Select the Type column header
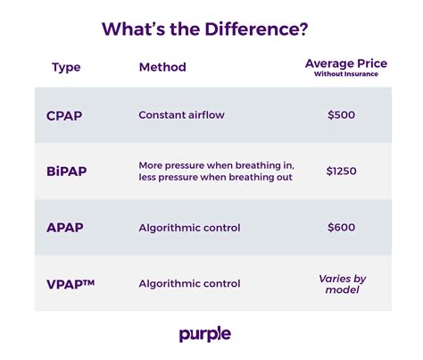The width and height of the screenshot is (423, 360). (x=66, y=67)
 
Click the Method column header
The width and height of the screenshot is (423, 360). (x=162, y=67)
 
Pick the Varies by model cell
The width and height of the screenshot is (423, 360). (x=343, y=284)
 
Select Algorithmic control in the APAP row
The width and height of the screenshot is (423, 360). (x=189, y=227)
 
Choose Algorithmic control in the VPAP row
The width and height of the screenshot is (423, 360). (x=189, y=283)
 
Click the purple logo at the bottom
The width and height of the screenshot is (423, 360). (x=204, y=334)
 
